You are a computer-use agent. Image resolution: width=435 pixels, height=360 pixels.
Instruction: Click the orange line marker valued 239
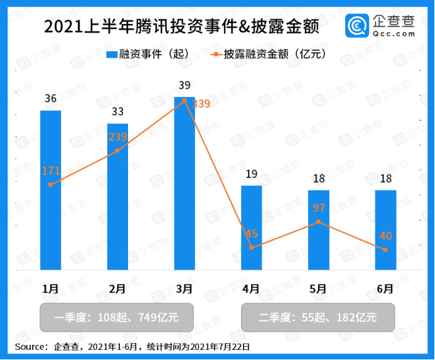tap(117, 151)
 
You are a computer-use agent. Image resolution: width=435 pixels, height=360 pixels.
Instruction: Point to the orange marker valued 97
tap(319, 222)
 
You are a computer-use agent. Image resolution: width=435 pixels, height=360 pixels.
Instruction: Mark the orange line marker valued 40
tap(385, 250)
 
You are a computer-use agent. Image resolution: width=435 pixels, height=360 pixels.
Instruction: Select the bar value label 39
tap(185, 85)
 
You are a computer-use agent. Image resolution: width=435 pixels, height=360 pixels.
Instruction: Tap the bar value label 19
tap(252, 174)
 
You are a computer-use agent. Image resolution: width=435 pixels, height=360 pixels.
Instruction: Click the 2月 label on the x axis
tap(117, 289)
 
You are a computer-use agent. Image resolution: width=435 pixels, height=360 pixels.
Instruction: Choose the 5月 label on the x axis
tap(319, 289)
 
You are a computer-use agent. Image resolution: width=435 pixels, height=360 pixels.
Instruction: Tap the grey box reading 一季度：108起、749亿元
tap(117, 318)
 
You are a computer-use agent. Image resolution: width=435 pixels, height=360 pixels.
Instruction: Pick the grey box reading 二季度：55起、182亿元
tap(319, 318)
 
